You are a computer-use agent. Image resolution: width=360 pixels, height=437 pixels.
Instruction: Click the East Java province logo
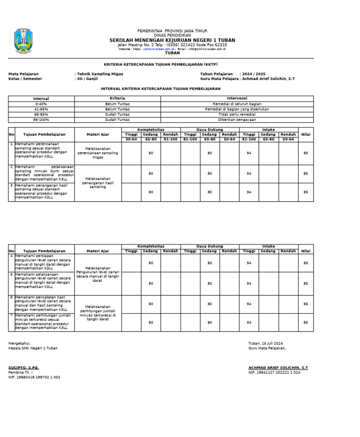click(23, 41)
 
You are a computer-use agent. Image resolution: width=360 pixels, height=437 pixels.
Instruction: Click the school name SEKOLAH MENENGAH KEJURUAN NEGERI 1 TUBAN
click(172, 40)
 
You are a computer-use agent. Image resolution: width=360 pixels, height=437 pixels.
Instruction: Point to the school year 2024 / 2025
click(254, 74)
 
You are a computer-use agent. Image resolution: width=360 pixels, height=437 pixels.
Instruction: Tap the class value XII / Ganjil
click(87, 79)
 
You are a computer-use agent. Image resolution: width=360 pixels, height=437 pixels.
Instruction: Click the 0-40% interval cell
click(41, 104)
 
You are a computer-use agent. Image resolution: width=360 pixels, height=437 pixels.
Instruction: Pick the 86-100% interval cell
click(41, 120)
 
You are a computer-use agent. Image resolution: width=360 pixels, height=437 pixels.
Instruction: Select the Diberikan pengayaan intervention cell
click(237, 120)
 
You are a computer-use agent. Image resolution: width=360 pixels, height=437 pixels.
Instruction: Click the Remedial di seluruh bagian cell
click(237, 104)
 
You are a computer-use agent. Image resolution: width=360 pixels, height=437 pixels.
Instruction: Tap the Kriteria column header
click(117, 98)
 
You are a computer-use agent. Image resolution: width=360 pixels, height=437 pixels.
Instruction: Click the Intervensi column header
click(237, 98)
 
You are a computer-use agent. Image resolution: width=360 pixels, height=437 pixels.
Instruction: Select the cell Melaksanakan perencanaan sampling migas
click(98, 153)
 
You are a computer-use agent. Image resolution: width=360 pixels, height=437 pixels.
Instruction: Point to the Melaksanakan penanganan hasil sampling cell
click(98, 183)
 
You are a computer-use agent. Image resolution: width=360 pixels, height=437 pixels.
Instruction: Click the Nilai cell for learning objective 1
click(306, 153)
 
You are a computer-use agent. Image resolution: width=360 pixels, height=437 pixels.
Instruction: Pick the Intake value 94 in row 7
click(249, 323)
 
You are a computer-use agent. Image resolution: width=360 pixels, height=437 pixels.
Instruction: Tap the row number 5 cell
click(11, 274)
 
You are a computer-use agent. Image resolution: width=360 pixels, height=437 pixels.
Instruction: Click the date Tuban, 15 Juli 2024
click(265, 343)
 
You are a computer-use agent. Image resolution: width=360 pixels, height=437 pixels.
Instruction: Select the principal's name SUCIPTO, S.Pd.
click(23, 368)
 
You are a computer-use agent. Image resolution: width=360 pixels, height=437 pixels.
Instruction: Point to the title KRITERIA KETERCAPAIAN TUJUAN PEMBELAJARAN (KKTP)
click(161, 64)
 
